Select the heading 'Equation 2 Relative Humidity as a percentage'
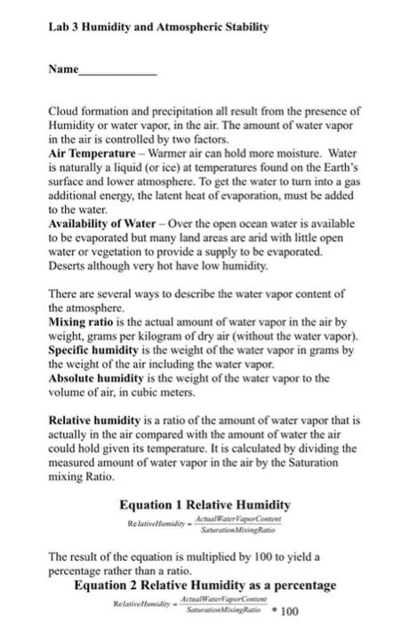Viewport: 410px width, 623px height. (x=205, y=585)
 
